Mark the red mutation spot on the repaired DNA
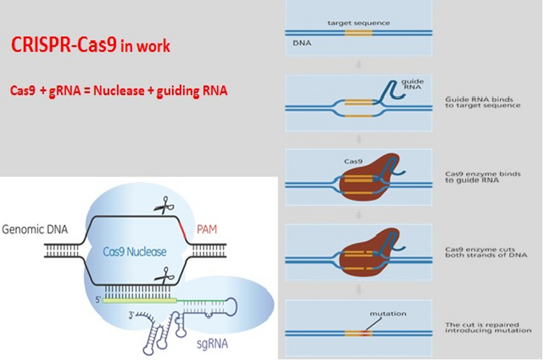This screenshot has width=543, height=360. (367, 333)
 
